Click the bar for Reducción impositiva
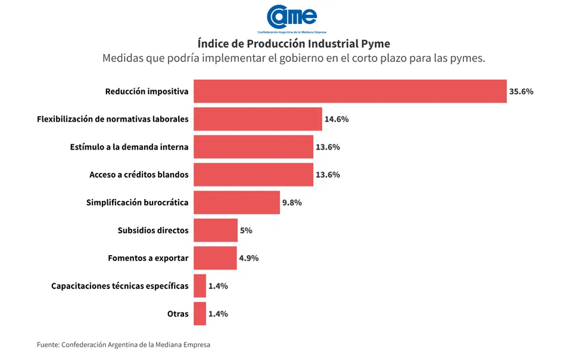click(x=350, y=91)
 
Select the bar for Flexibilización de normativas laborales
click(x=257, y=119)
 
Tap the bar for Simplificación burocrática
click(x=236, y=203)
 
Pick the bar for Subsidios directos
click(x=216, y=230)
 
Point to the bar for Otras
click(x=200, y=314)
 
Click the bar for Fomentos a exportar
click(x=215, y=258)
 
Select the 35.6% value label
click(x=521, y=92)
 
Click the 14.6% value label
click(x=337, y=119)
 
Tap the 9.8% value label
click(x=292, y=203)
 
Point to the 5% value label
click(x=246, y=230)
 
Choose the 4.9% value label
click(x=248, y=258)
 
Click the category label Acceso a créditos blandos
click(x=139, y=175)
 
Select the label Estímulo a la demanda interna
click(x=129, y=147)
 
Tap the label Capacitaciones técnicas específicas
click(x=120, y=286)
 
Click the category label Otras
click(x=178, y=314)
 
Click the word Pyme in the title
click(x=376, y=44)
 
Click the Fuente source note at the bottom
click(x=123, y=345)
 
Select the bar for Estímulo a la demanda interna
click(x=253, y=147)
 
